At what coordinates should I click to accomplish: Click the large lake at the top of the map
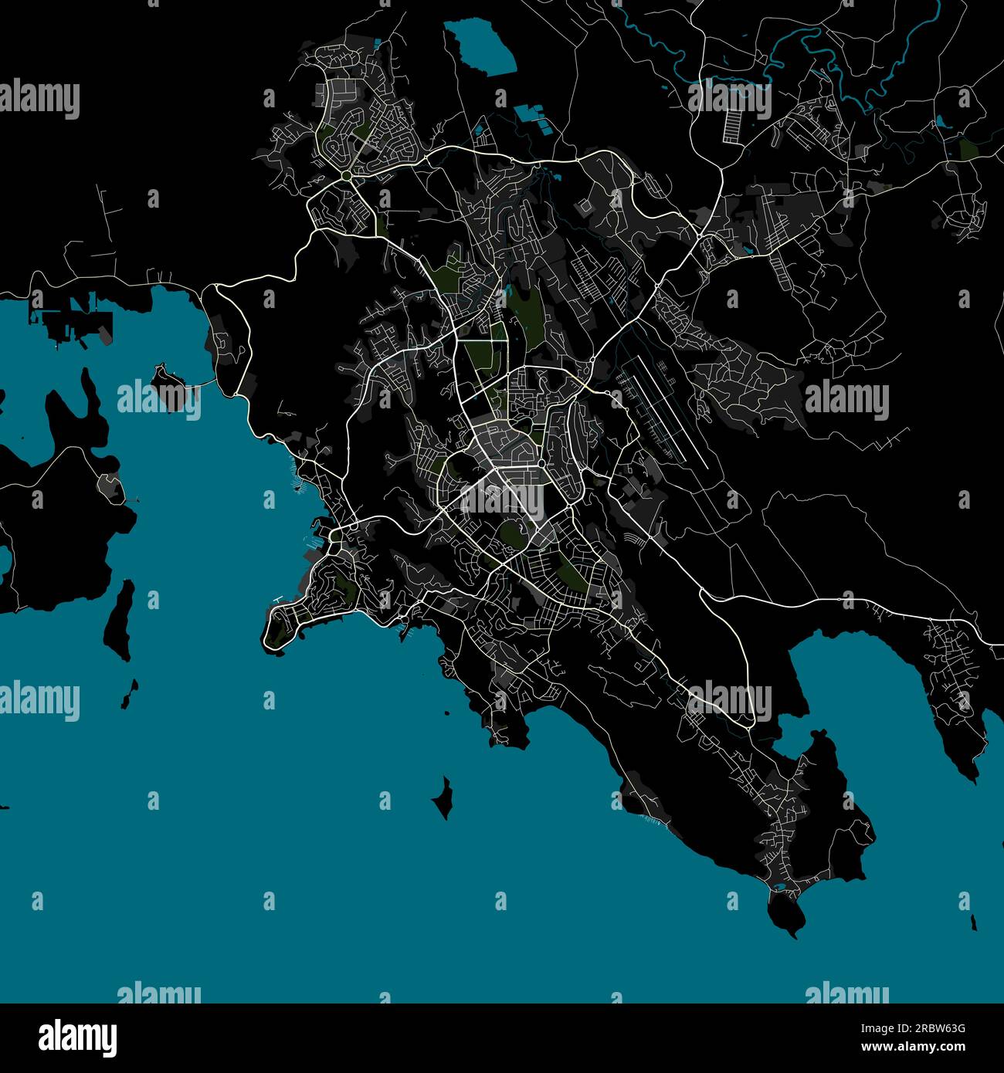click(x=480, y=48)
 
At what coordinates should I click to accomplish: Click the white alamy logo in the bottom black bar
click(x=78, y=1038)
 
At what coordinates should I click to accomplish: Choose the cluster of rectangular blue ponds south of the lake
click(x=530, y=113)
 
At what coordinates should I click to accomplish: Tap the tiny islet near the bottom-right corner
click(x=974, y=922)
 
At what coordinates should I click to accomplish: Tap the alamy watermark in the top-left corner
click(x=39, y=100)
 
